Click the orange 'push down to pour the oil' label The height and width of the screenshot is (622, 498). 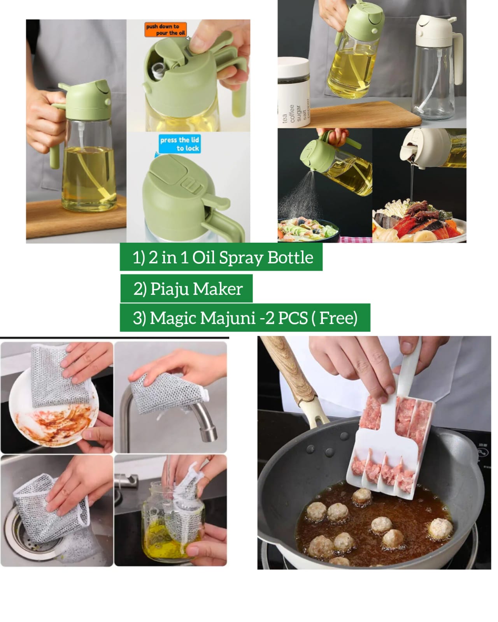click(x=165, y=30)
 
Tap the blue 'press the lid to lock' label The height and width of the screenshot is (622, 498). click(x=179, y=144)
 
